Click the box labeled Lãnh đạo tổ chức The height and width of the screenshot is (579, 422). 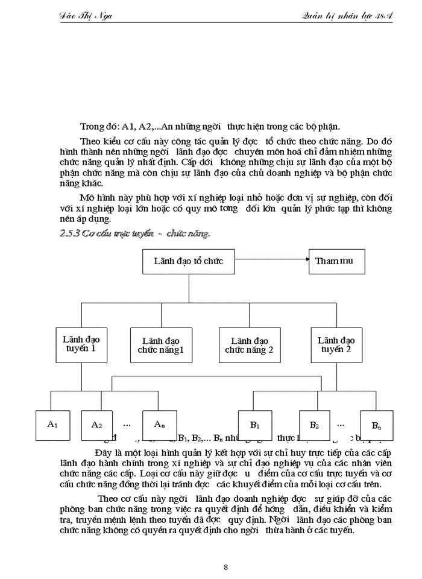(x=188, y=261)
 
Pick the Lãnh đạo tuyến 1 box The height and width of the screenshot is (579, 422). (x=81, y=344)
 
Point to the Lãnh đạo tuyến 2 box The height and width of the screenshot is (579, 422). (x=336, y=344)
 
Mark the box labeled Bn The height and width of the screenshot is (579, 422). (x=377, y=426)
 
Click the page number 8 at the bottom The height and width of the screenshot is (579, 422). (x=225, y=566)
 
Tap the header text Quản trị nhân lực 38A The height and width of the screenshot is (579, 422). (x=347, y=16)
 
